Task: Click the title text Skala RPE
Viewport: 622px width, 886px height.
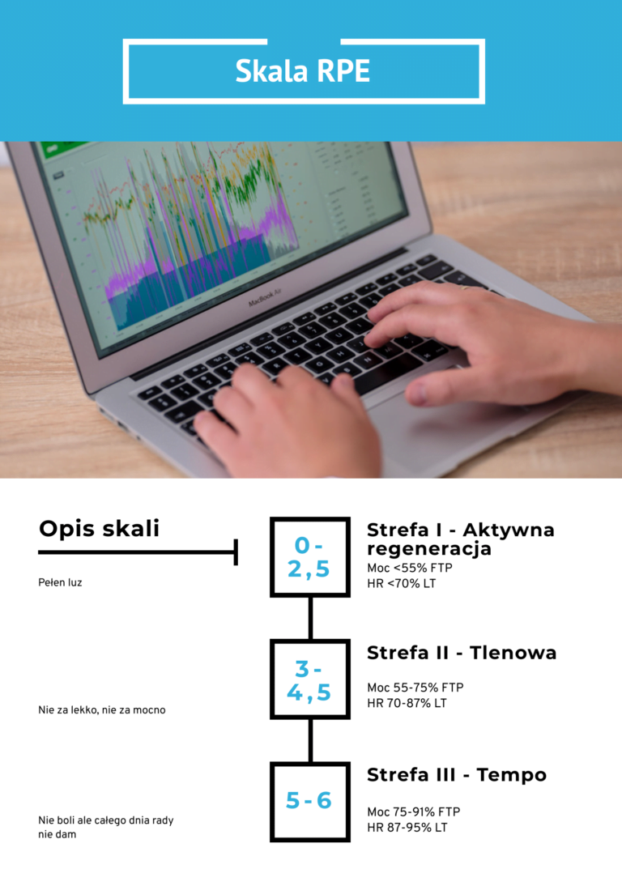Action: coord(303,70)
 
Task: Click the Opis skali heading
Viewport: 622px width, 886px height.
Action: coord(99,529)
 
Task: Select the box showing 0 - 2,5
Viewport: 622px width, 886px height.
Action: coord(310,556)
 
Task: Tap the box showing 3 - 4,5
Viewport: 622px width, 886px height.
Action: coord(310,679)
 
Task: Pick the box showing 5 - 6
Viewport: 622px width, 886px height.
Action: coord(310,801)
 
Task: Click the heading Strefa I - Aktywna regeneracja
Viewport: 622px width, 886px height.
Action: coord(461,539)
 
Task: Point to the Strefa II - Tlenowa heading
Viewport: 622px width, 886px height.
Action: coord(462,653)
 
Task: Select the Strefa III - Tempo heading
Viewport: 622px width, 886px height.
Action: coord(457,775)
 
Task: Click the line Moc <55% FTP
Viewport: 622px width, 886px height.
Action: coord(410,568)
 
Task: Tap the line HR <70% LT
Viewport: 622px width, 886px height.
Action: coord(402,584)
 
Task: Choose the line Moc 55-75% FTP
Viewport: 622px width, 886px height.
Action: coord(415,688)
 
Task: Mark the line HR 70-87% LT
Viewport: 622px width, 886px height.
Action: coord(407,704)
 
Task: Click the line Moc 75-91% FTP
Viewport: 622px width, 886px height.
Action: coord(414,812)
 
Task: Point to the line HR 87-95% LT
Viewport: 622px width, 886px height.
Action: coord(407,828)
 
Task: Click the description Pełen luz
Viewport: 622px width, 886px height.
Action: coord(60,582)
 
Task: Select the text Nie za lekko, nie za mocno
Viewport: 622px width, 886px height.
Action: coord(102,710)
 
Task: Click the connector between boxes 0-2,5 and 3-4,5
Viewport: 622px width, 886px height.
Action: coord(310,618)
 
